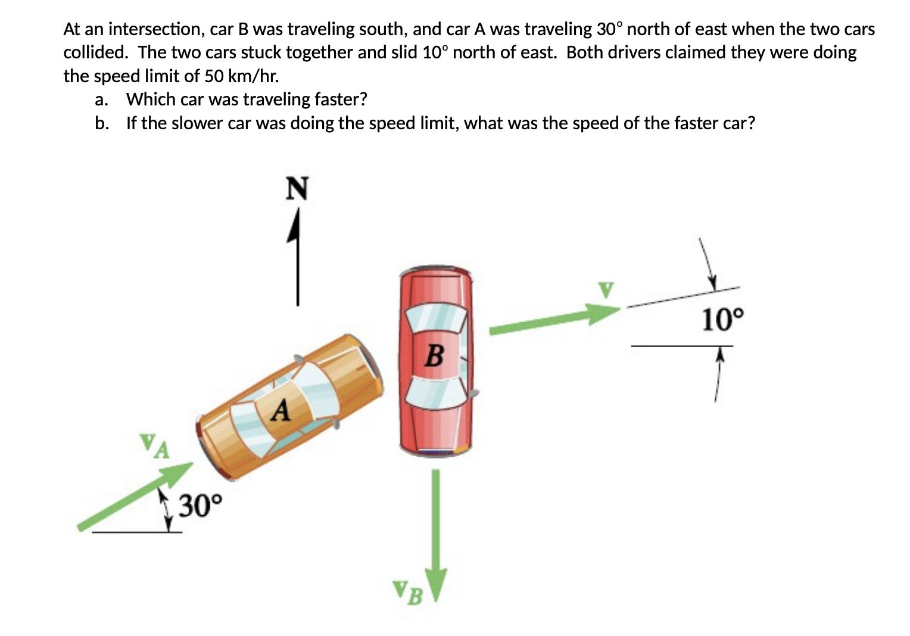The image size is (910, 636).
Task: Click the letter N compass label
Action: (297, 189)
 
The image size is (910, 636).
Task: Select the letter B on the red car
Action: (435, 356)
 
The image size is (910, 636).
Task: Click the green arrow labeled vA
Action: (137, 495)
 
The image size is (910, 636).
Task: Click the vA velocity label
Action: (154, 445)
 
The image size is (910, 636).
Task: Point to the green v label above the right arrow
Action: (606, 290)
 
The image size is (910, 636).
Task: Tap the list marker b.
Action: (101, 123)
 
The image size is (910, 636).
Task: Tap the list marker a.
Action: (101, 99)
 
